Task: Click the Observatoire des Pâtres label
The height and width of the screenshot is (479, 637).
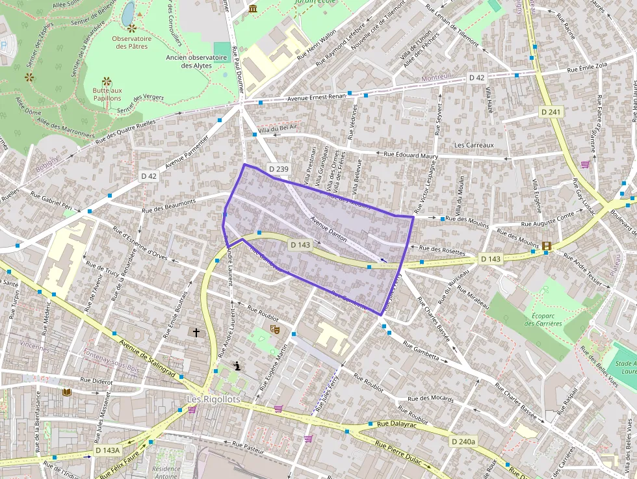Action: click(132, 42)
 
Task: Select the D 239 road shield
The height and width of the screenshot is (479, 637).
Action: click(278, 170)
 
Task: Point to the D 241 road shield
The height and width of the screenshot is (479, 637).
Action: click(550, 112)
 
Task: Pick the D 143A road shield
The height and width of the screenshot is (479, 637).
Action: click(107, 450)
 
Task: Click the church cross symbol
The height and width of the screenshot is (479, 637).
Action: click(196, 332)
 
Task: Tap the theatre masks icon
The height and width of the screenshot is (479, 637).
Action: click(275, 330)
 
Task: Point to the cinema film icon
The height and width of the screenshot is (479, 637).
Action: click(546, 246)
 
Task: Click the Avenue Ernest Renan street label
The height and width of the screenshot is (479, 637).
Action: click(318, 98)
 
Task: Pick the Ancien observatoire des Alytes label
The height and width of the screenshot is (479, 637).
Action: click(196, 61)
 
